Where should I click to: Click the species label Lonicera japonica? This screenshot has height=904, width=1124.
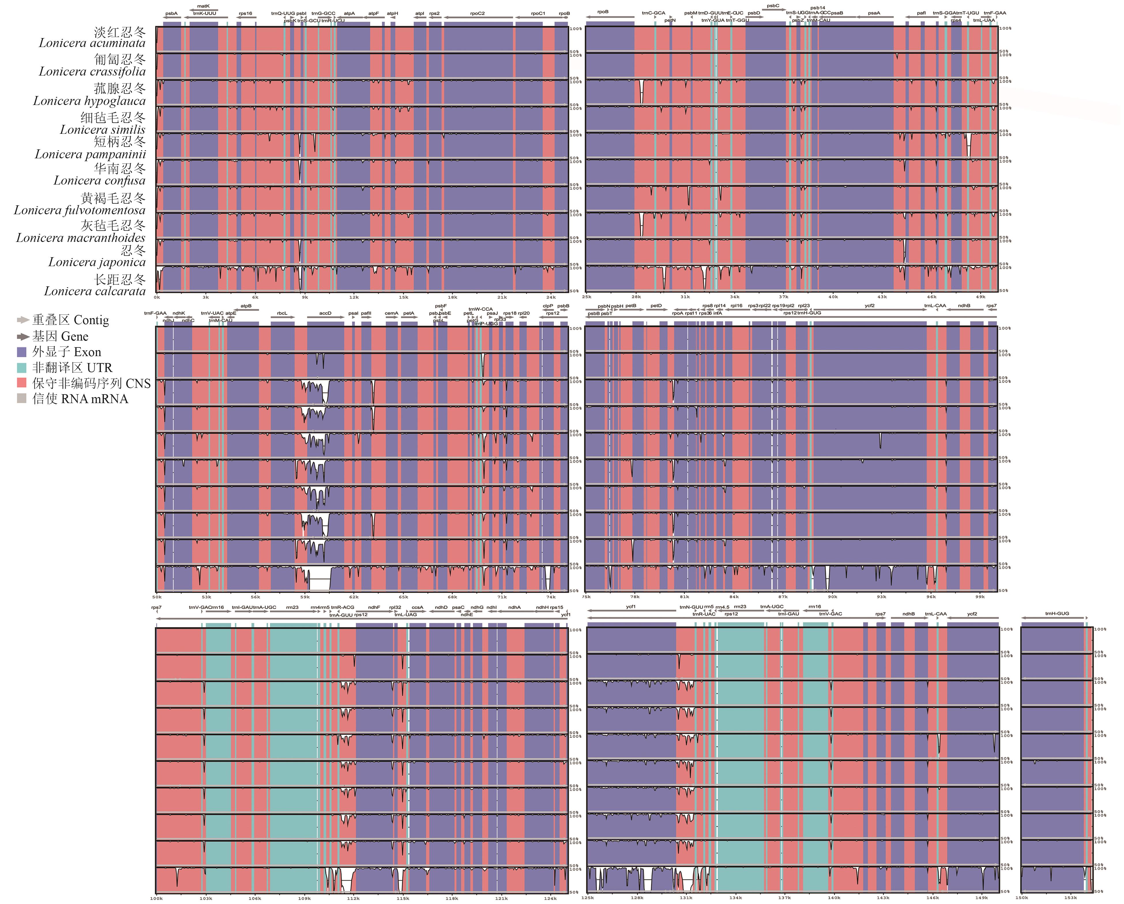97,262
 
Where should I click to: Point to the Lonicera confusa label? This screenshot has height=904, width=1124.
99,181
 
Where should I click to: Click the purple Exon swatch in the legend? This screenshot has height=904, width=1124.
22,352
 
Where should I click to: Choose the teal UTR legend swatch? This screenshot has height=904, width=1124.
22,368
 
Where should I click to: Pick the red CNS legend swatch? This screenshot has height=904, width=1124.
22,383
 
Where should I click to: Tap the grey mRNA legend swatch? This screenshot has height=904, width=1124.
22,399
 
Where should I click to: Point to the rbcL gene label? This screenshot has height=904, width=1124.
282,313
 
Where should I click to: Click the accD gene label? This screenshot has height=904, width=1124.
325,313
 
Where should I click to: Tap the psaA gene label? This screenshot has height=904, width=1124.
874,14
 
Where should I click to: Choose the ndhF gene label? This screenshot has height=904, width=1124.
374,607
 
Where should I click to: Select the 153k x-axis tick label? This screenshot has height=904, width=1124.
1070,898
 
